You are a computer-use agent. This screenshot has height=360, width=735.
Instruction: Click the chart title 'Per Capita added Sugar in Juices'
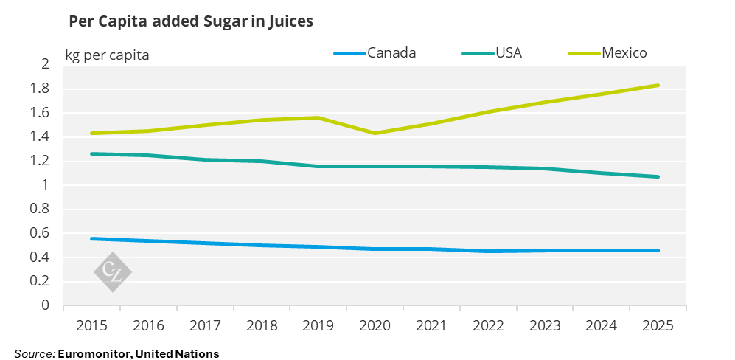(x=191, y=22)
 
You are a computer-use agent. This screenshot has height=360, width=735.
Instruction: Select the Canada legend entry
(x=391, y=52)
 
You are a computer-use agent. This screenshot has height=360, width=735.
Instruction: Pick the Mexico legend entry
(x=624, y=52)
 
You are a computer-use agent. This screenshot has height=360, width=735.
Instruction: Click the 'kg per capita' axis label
(x=107, y=55)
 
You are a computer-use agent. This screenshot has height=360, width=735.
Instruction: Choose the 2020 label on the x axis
(x=375, y=326)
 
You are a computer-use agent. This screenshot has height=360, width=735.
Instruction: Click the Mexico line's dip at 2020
(x=375, y=134)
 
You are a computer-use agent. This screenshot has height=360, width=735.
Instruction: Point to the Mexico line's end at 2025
(x=658, y=86)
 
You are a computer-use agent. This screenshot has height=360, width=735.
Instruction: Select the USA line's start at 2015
(x=93, y=153)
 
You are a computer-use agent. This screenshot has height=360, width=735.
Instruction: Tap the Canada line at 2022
(x=487, y=251)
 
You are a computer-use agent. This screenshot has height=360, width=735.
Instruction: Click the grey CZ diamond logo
(x=113, y=272)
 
